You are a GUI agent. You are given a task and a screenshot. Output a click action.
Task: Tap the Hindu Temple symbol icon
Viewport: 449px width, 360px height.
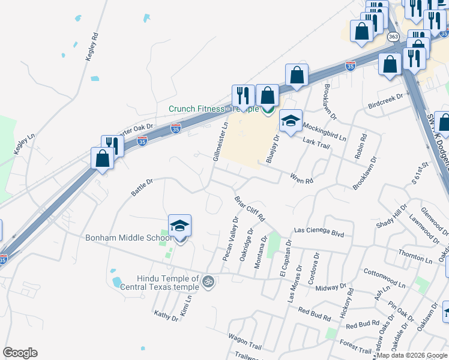pyautogui.click(x=208, y=281)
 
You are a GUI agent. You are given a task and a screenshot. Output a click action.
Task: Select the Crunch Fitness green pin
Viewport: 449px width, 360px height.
pyautogui.click(x=268, y=110)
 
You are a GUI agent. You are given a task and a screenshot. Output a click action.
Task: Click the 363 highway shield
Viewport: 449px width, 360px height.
pyautogui.click(x=393, y=37)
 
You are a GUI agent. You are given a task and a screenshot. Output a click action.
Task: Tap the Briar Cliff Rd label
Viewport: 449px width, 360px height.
pyautogui.click(x=249, y=208)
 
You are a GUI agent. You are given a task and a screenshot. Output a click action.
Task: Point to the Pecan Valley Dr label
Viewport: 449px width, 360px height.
pyautogui.click(x=231, y=239)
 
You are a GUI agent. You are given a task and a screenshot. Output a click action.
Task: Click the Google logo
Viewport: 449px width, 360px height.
pyautogui.click(x=20, y=353)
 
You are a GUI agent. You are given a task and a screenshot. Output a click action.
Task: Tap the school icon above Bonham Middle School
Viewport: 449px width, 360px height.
pyautogui.click(x=179, y=226)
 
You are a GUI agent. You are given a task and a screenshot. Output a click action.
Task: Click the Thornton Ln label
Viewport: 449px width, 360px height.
pyautogui.click(x=415, y=257)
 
